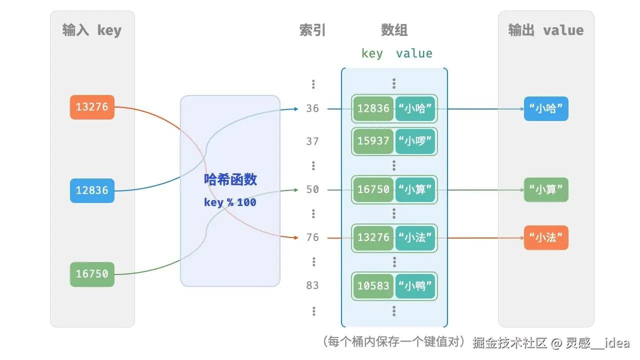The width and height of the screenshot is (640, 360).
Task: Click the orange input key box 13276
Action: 92,107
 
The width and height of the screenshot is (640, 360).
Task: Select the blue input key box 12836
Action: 92,190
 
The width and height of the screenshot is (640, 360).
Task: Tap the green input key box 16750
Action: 92,274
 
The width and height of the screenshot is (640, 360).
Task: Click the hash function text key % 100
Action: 230,202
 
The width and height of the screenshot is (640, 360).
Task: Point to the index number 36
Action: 312,108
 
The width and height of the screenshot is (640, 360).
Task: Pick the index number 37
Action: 312,141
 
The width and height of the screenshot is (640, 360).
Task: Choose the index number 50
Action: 312,189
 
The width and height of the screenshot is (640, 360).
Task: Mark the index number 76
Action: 312,237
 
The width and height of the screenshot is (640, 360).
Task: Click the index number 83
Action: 312,285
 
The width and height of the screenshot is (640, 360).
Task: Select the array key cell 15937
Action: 373,141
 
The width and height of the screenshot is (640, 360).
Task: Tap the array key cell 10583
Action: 373,286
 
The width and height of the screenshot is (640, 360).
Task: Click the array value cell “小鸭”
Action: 415,286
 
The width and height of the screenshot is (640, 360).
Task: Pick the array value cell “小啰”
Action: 415,141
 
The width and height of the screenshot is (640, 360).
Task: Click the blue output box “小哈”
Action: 546,108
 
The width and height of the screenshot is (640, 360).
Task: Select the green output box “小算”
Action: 546,190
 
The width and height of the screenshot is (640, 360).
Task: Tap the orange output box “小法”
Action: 546,238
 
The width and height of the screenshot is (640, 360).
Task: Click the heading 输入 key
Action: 92,30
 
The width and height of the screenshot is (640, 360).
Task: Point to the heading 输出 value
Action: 546,30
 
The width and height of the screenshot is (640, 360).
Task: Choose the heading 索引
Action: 312,30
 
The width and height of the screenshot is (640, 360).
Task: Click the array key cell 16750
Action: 373,189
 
